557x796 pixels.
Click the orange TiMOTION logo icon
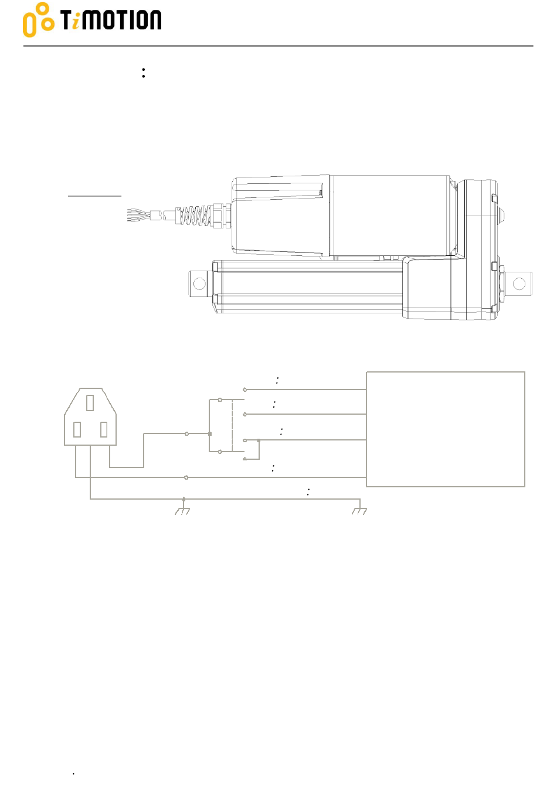click(x=39, y=19)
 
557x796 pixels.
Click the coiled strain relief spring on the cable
click(x=194, y=216)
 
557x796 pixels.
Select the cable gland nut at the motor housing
click(x=222, y=216)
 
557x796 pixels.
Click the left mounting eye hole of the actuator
click(x=199, y=283)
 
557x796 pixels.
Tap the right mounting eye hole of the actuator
click(x=519, y=283)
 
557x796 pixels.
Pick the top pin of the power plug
click(x=90, y=402)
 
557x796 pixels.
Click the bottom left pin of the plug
click(x=77, y=429)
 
